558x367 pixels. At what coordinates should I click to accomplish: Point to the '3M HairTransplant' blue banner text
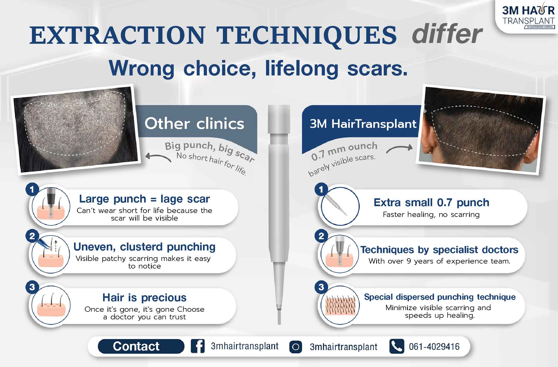[363, 124]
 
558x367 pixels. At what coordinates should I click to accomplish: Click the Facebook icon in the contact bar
[198, 346]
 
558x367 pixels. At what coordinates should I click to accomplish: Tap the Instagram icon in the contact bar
[296, 347]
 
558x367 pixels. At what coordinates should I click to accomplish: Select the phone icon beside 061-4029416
[397, 346]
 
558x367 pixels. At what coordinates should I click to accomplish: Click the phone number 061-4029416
[434, 347]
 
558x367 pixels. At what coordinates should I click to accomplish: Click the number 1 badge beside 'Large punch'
[32, 189]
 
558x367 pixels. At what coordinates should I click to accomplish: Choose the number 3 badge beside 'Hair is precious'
[32, 287]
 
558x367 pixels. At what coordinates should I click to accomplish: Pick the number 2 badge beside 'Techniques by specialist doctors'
[322, 236]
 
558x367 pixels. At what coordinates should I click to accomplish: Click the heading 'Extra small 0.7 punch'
[431, 202]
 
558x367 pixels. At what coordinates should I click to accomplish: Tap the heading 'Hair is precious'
[144, 297]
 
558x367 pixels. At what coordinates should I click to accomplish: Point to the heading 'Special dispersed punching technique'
[440, 297]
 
